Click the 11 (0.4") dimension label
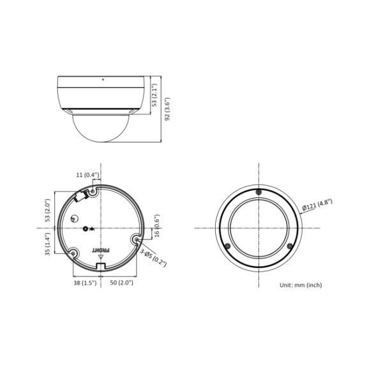[87, 174]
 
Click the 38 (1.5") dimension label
[85, 282]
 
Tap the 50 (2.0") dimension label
[121, 282]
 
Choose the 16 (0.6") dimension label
[157, 225]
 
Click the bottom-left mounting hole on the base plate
[73, 253]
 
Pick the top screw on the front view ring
[258, 193]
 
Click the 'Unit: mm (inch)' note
[301, 285]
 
